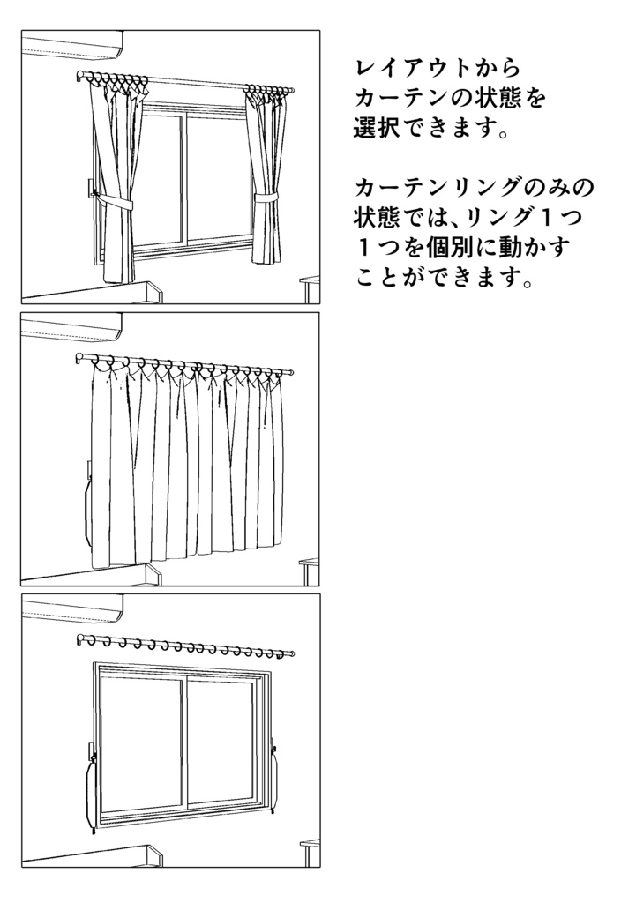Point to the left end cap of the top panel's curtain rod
coord(81,78)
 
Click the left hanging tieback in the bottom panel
coord(91,789)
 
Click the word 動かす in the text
coord(525,247)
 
